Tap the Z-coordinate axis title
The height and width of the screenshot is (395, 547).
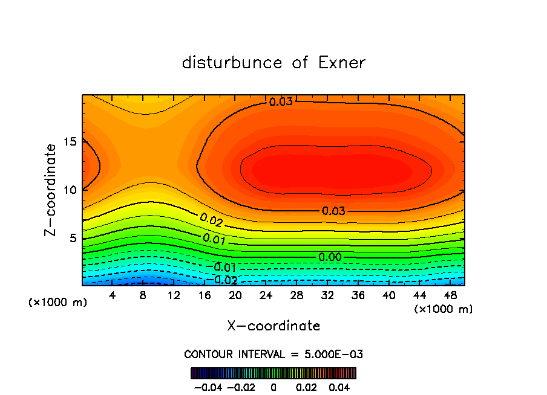(x=52, y=190)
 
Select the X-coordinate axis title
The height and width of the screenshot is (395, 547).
(x=273, y=326)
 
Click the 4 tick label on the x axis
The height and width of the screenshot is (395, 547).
(x=112, y=295)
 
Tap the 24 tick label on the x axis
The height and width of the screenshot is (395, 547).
(x=265, y=295)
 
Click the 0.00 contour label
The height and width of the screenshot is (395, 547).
(x=330, y=257)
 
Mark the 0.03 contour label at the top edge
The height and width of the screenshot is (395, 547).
(x=281, y=101)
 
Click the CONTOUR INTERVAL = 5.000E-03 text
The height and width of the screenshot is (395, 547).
(x=273, y=354)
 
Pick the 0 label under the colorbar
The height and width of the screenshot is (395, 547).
(x=273, y=387)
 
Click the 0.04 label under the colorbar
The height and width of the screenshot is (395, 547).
(x=339, y=387)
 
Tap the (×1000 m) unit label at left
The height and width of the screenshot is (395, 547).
(x=58, y=303)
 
